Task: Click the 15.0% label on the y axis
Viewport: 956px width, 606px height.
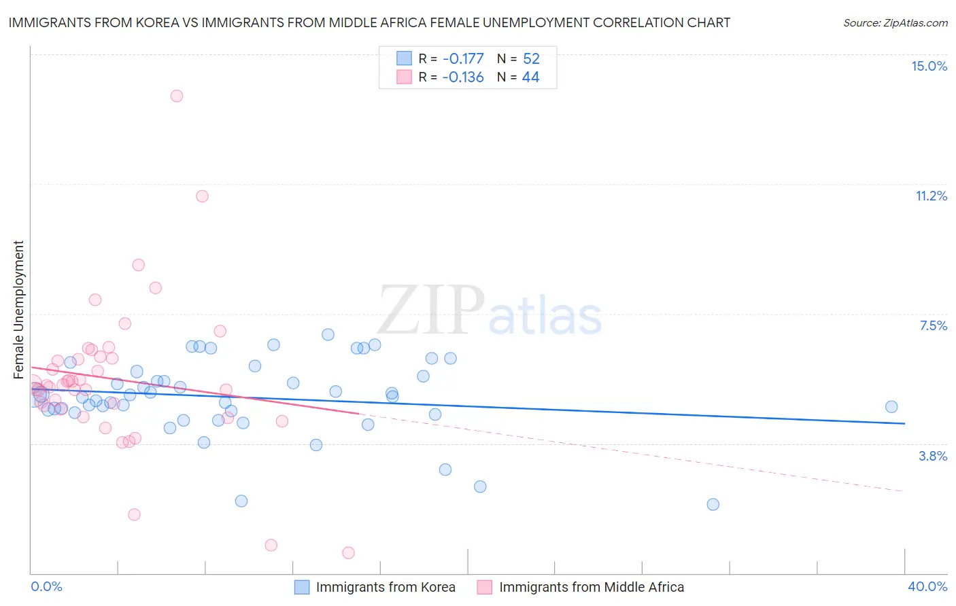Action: coord(929,66)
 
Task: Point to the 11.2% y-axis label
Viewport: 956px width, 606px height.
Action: coord(931,196)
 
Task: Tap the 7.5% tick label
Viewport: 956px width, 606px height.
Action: coord(933,325)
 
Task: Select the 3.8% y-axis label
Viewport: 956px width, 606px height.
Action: coord(933,456)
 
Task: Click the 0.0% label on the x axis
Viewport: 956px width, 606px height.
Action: coord(46,586)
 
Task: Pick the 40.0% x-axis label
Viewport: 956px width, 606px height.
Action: coord(927,586)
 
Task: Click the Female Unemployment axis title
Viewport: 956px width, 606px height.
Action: coord(18,309)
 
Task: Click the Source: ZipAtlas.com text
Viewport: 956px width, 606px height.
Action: coord(895,22)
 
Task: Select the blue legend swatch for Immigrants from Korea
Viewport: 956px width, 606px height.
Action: coord(302,587)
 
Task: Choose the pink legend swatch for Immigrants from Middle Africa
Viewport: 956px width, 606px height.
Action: coord(484,587)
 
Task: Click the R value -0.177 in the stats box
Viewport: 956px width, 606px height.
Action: coord(462,58)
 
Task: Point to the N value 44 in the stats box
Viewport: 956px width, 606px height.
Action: coord(530,77)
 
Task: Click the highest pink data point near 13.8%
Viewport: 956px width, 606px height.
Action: coord(177,96)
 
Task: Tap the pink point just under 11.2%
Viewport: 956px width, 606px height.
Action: coord(202,196)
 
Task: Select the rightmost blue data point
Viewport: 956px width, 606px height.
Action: coord(891,407)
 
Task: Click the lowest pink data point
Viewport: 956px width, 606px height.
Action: coord(348,553)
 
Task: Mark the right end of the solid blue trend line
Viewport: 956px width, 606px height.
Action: coord(904,423)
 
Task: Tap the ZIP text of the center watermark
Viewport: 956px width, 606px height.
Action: coord(431,311)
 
